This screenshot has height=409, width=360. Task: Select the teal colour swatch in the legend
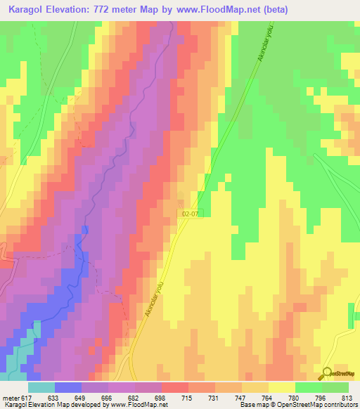[41, 387]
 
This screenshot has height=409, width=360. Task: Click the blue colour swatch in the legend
[68, 387]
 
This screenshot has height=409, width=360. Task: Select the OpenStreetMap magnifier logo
[326, 373]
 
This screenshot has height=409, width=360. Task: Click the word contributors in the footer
[341, 405]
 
